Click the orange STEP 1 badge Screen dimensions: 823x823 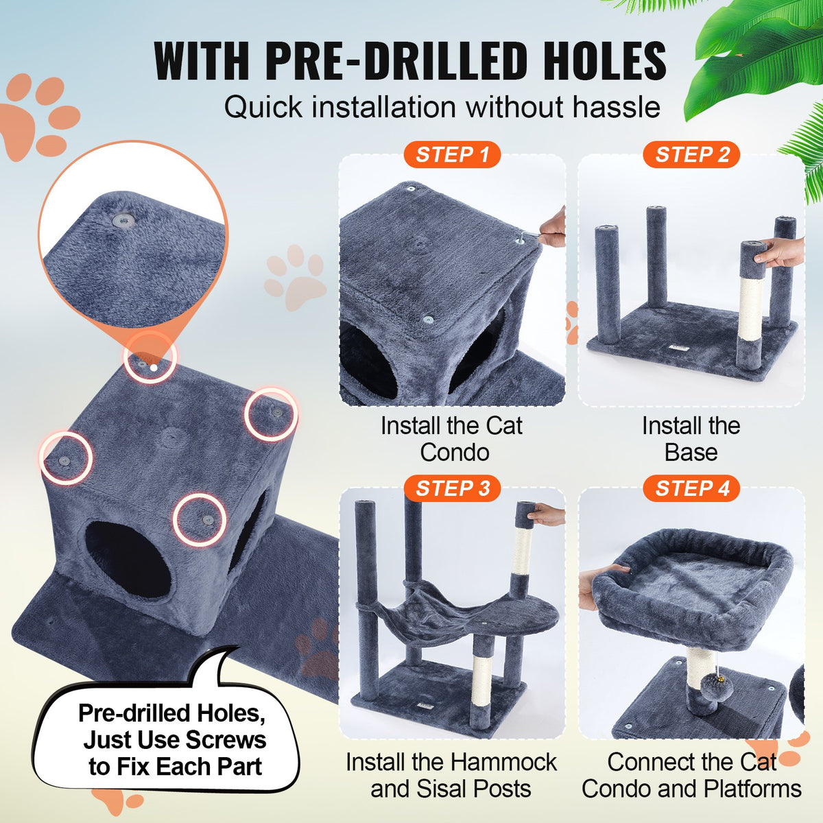pos(452,155)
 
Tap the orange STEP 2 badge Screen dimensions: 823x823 pos(691,155)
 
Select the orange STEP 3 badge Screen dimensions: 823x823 pos(452,488)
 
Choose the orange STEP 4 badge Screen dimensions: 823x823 pos(691,488)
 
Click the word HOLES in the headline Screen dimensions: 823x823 pos(604,62)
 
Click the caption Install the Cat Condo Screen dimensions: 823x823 pos(452,439)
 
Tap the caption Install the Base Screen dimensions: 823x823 pos(691,439)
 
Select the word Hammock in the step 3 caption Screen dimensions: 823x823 pos(505,762)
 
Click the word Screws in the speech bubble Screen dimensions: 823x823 pos(219,740)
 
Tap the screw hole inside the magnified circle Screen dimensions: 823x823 pos(124,219)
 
